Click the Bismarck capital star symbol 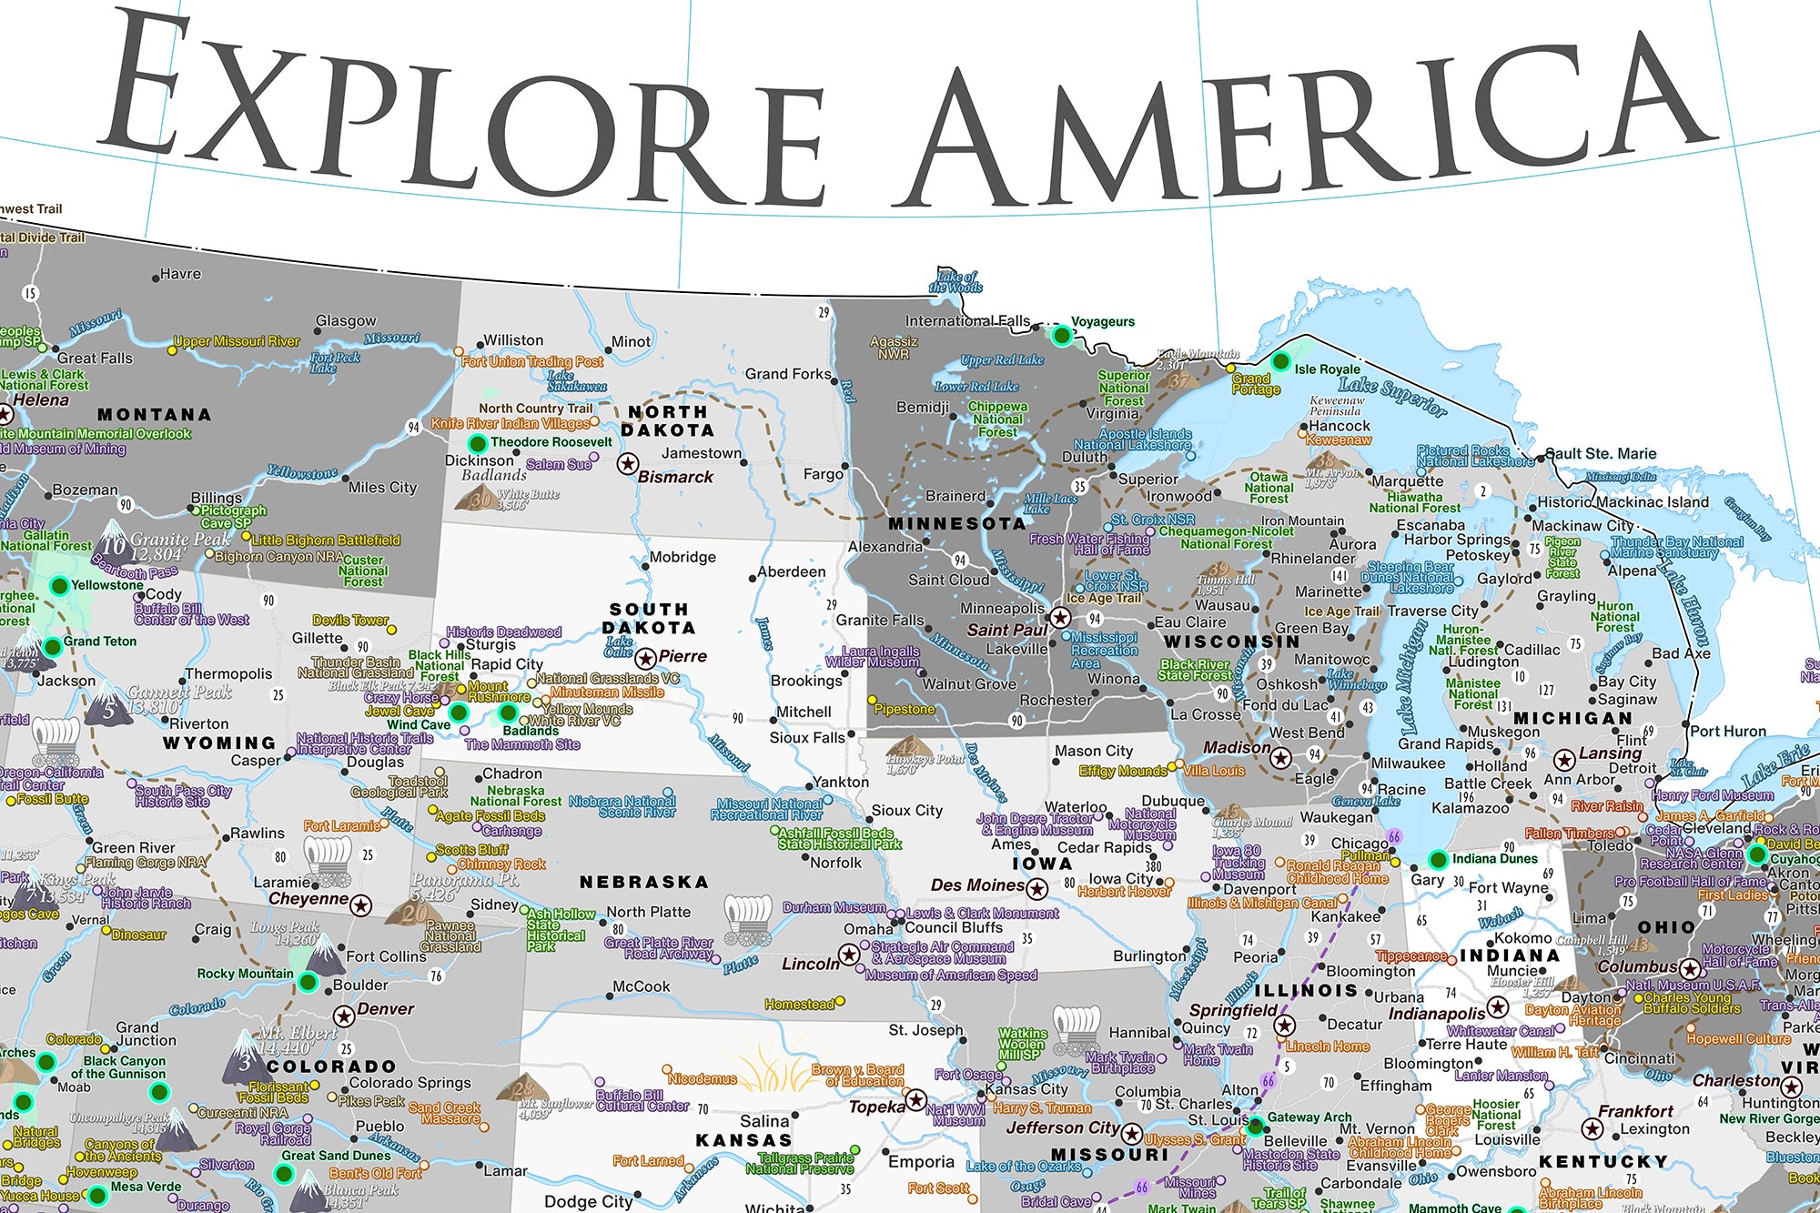627,464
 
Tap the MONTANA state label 154,415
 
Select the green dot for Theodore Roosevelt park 477,444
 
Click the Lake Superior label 1392,397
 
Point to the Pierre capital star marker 645,658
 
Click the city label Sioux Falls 807,738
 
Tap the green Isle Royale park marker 1280,362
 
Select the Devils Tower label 350,621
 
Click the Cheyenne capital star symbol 361,905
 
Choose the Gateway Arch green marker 1255,1126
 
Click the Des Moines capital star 1036,888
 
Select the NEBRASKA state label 644,883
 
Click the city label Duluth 1085,458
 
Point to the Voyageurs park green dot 1061,336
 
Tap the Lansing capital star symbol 1564,760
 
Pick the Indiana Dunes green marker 1438,859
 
